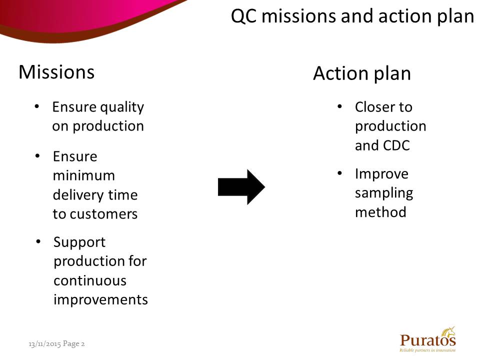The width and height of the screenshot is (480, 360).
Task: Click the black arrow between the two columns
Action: (241, 187)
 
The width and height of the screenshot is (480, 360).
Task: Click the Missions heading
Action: (56, 72)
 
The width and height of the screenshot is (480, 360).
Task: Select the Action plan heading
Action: (362, 74)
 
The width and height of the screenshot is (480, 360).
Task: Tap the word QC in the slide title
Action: (243, 16)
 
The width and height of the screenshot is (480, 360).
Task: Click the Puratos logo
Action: (427, 339)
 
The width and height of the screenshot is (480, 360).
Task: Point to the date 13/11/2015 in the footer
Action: (44, 344)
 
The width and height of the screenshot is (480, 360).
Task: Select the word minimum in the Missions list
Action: (84, 175)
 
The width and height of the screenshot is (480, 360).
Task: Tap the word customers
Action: (104, 214)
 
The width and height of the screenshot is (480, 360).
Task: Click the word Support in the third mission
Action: (79, 243)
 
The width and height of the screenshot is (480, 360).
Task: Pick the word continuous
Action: (90, 280)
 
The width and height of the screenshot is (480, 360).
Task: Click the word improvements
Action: (100, 300)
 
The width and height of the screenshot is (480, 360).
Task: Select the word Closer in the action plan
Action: (374, 107)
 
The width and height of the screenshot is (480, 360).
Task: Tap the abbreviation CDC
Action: (396, 145)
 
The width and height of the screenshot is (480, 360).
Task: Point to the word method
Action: (380, 212)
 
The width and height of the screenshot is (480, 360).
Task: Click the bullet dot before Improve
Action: (339, 173)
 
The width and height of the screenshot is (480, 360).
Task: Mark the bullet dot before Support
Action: (38, 241)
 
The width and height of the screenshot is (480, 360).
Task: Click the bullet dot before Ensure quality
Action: (36, 106)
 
